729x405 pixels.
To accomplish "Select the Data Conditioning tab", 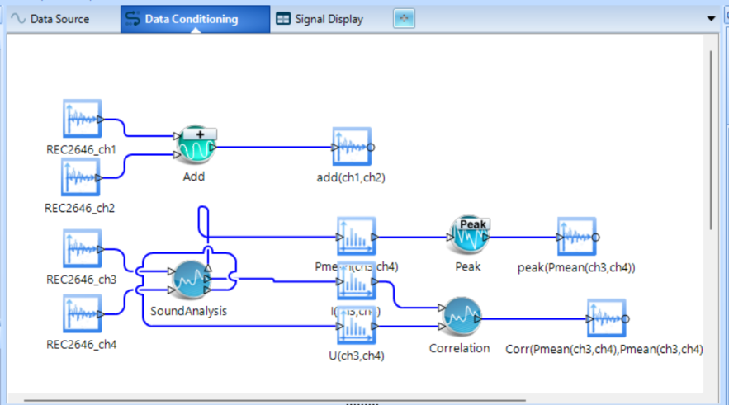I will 191,19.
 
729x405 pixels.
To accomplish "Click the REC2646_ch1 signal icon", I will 82,120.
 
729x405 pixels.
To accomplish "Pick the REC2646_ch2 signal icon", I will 82,177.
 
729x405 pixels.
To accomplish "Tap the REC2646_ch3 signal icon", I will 82,249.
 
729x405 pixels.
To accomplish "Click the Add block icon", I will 194,147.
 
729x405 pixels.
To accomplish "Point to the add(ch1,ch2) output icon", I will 352,148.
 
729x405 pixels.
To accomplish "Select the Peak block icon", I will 468,236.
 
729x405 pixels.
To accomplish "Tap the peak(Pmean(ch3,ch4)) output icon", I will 575,237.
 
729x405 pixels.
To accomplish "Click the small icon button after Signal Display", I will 404,19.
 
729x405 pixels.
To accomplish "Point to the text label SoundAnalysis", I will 188,311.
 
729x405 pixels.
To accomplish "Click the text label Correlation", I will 459,348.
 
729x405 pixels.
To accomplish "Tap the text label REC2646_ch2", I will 79,207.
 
